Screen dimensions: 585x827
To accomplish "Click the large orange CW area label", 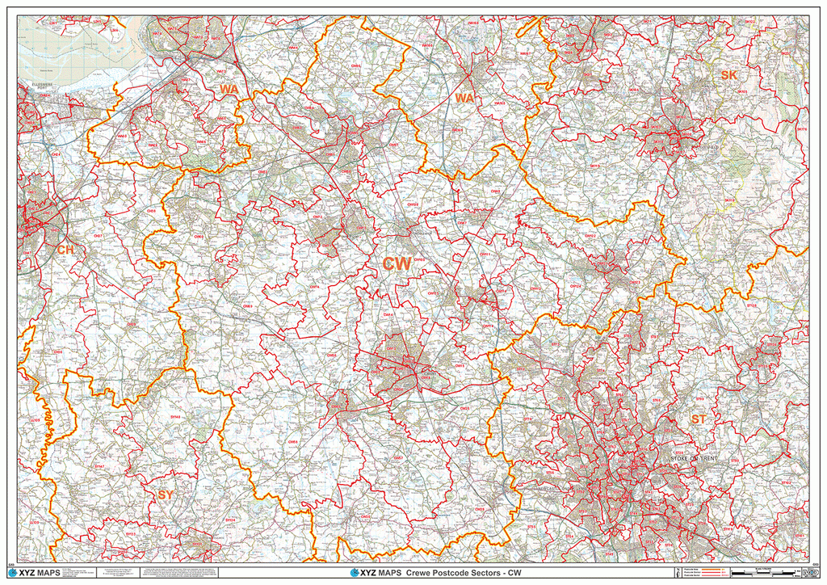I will coord(397,264).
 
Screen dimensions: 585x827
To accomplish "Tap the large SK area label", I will coord(729,75).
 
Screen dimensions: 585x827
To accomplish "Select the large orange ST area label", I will coord(699,419).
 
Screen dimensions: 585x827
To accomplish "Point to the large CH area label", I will coord(65,250).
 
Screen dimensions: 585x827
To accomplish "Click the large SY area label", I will coord(165,495).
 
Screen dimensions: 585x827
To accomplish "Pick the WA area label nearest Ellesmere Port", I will coord(229,89).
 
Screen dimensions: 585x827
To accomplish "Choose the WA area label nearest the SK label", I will coord(464,98).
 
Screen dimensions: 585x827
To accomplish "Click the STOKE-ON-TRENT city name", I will coord(693,459).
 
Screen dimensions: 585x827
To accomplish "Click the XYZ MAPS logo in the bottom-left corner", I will coord(38,573).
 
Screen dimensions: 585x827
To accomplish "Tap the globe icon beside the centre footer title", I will coord(355,573).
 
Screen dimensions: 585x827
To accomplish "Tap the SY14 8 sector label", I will coord(175,415).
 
